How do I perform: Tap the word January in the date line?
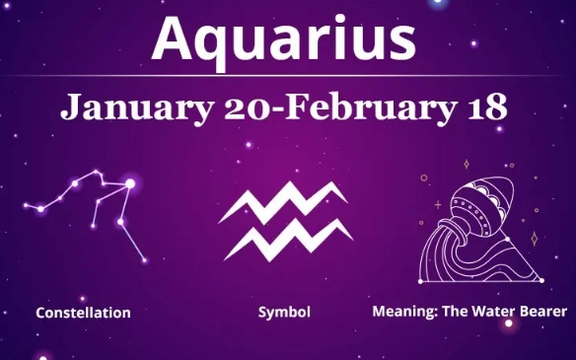click(x=122, y=107)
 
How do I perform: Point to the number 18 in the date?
click(x=487, y=107)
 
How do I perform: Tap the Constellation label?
click(x=83, y=313)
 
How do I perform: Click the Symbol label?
click(x=284, y=313)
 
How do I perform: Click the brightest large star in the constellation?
click(x=129, y=183)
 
